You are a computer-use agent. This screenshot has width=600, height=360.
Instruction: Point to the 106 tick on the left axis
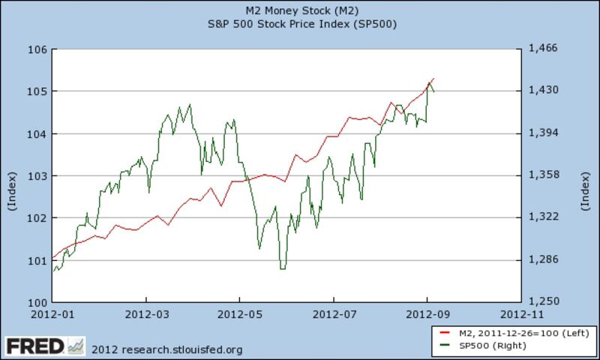39,49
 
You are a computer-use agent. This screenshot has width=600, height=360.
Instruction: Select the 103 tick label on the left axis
39,175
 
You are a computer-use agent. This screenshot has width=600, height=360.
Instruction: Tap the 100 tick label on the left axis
39,302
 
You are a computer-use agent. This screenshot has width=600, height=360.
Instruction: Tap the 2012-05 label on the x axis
240,314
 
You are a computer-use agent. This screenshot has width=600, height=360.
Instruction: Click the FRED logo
34,346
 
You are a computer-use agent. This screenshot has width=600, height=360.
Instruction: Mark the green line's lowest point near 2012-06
283,268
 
